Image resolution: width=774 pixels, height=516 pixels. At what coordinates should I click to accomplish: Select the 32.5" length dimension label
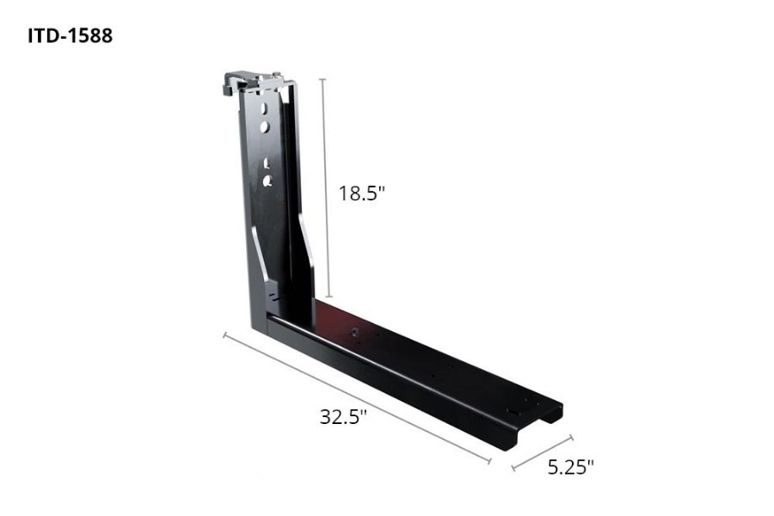tap(344, 417)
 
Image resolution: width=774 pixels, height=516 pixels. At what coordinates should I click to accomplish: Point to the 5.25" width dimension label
tap(571, 467)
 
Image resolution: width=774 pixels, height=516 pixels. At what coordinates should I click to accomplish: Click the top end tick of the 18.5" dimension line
tap(323, 78)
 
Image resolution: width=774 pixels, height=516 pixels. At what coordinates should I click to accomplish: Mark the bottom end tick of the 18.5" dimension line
tap(328, 295)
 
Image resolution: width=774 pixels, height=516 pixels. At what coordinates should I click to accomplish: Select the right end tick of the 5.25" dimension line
tap(571, 437)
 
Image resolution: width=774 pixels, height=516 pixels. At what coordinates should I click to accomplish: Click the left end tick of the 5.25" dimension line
tap(513, 470)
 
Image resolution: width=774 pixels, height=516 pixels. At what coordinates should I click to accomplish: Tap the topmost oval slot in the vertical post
tap(267, 108)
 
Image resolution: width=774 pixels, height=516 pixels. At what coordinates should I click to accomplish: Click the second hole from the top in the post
tap(267, 126)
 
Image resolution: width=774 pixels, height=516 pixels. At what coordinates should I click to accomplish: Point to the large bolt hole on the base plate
tap(353, 331)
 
